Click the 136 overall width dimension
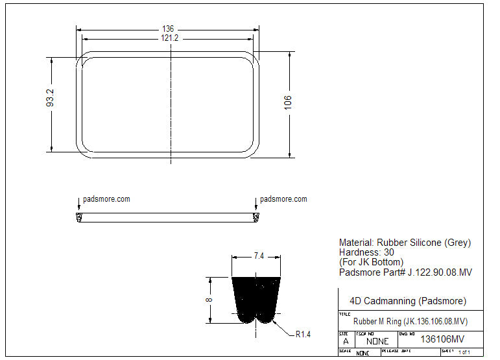click(168, 29)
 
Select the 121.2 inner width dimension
click(169, 38)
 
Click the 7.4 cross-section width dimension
click(258, 256)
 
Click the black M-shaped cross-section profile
click(257, 299)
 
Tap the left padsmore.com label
click(106, 199)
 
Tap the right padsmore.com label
click(283, 199)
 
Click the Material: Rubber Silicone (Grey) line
click(405, 243)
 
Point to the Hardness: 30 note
click(366, 252)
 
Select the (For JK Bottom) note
click(371, 262)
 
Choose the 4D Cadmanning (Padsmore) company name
click(408, 301)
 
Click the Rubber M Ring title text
click(410, 322)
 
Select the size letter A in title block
click(345, 341)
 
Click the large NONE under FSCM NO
click(377, 341)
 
